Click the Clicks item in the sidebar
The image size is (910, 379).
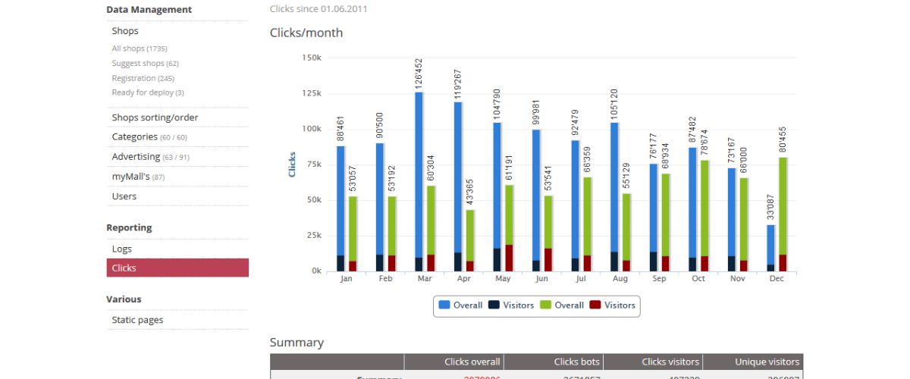pos(124,268)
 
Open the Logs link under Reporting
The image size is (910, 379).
pos(121,249)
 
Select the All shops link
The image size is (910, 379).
pos(139,49)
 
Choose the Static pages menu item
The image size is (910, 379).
pos(137,320)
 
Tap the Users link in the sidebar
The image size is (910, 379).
pos(124,196)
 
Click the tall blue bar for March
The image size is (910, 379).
pos(419,174)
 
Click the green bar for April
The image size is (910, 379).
pos(470,235)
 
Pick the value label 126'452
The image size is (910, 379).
pos(419,75)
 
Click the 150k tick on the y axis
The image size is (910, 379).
pos(312,58)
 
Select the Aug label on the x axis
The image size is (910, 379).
pos(620,279)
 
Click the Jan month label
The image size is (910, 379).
pos(347,279)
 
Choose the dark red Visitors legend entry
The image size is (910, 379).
pos(614,305)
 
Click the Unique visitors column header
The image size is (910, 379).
pos(753,362)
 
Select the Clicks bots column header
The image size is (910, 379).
pos(578,362)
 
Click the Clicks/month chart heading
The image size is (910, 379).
pos(306,33)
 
